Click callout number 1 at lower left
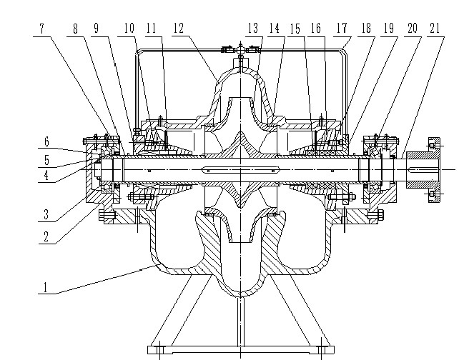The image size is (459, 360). [45, 287]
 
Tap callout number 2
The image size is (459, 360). [46, 236]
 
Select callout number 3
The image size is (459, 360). [46, 214]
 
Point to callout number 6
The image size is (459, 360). [47, 142]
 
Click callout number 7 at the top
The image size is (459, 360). [42, 29]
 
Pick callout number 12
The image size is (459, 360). [179, 29]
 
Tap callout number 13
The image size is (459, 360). [253, 29]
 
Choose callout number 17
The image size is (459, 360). [342, 29]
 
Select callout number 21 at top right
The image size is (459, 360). [435, 29]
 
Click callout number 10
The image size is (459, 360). [129, 29]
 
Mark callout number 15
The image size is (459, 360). [295, 29]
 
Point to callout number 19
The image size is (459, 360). [389, 29]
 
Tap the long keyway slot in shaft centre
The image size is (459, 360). [240, 169]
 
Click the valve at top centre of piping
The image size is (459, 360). [240, 50]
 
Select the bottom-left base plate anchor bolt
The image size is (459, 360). [160, 349]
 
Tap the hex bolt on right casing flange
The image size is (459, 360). [375, 216]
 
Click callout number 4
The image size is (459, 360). [46, 176]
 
